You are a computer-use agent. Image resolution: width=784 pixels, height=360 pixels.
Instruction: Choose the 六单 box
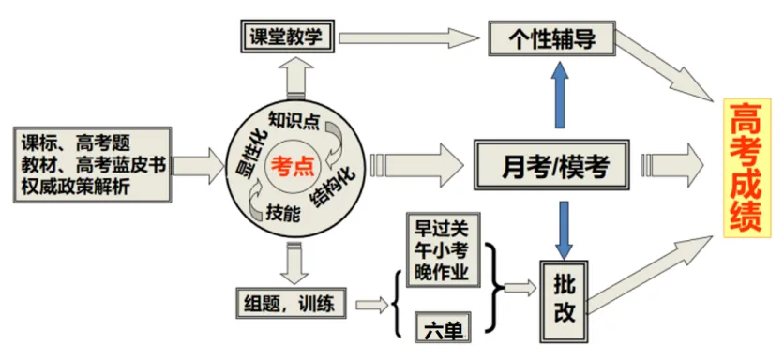click(442, 325)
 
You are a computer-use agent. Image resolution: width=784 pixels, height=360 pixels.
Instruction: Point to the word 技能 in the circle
click(284, 213)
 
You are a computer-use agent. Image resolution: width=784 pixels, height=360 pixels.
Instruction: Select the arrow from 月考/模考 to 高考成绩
click(670, 166)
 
